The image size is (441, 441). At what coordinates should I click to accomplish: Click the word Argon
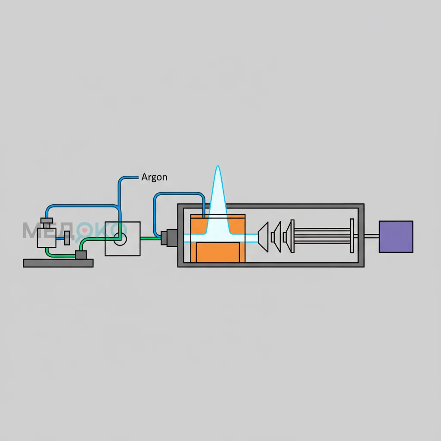tap(154, 177)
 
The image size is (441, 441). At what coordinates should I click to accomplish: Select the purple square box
tap(396, 236)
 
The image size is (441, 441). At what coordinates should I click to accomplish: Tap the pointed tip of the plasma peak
tap(217, 166)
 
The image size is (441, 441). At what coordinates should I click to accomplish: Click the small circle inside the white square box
tap(120, 239)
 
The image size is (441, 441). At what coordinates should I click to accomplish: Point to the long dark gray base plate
tap(58, 263)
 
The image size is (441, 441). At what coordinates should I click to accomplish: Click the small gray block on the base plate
tap(81, 255)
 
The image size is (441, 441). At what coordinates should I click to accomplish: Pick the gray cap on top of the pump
tap(47, 220)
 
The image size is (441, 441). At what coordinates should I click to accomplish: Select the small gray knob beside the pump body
tap(67, 239)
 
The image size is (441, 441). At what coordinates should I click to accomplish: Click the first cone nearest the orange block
tap(264, 237)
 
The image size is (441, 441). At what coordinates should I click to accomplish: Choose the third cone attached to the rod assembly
tap(289, 236)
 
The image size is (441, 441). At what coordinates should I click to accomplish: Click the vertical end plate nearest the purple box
tap(352, 236)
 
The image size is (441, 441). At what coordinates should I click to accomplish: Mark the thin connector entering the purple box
tap(372, 236)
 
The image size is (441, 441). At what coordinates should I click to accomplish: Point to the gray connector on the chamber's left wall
tap(169, 238)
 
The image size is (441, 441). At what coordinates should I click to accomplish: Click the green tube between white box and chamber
tap(150, 239)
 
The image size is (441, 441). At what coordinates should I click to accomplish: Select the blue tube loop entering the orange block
tap(178, 193)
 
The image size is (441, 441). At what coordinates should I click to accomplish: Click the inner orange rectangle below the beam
tap(218, 252)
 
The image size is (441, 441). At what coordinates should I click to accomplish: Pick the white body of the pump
tap(47, 238)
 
